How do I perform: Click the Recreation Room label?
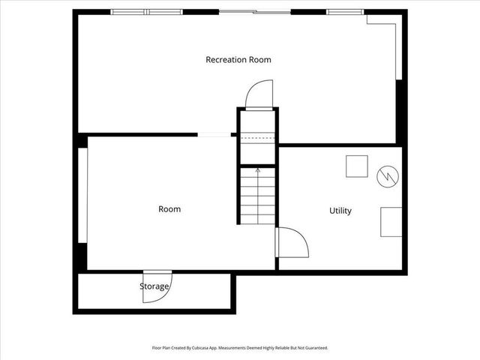[238, 59]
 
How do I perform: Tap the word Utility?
[340, 211]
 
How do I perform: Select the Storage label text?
[154, 286]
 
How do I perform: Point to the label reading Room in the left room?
[169, 209]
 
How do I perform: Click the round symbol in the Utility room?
[386, 175]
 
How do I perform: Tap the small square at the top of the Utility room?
[356, 166]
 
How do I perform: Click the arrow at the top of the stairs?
[258, 171]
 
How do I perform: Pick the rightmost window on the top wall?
[345, 12]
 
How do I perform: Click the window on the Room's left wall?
[83, 195]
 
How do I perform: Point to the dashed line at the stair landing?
[257, 139]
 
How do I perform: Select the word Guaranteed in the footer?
[316, 348]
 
